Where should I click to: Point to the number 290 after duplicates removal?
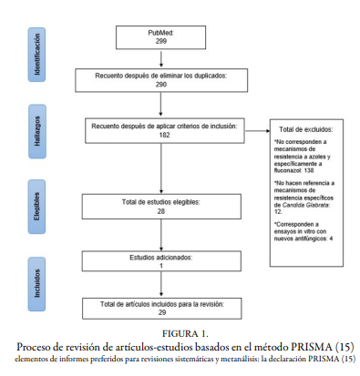point(160,84)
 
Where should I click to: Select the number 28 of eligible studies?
point(160,210)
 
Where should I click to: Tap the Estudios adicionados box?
point(160,260)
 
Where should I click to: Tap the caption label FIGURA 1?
point(180,333)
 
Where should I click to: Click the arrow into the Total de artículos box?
point(160,286)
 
